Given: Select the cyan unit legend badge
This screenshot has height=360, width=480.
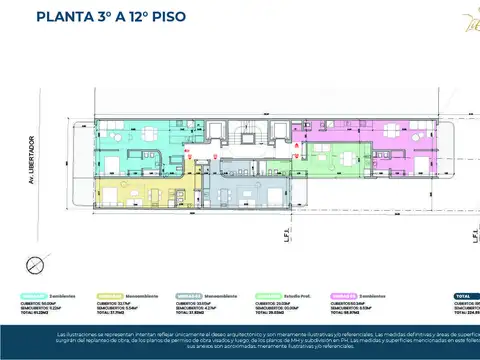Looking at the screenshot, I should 33,296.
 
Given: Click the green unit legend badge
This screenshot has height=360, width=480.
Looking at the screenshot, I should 266,296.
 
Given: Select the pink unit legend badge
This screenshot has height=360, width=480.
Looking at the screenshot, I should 344,296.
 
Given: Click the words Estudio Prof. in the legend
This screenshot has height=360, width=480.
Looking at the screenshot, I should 301,296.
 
